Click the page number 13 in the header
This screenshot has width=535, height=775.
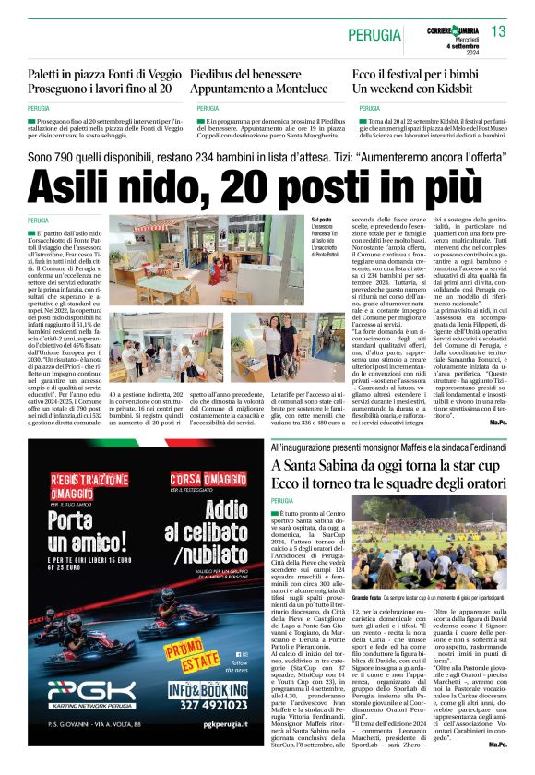498,32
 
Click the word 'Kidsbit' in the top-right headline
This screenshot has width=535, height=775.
469,90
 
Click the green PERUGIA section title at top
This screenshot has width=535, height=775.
374,34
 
